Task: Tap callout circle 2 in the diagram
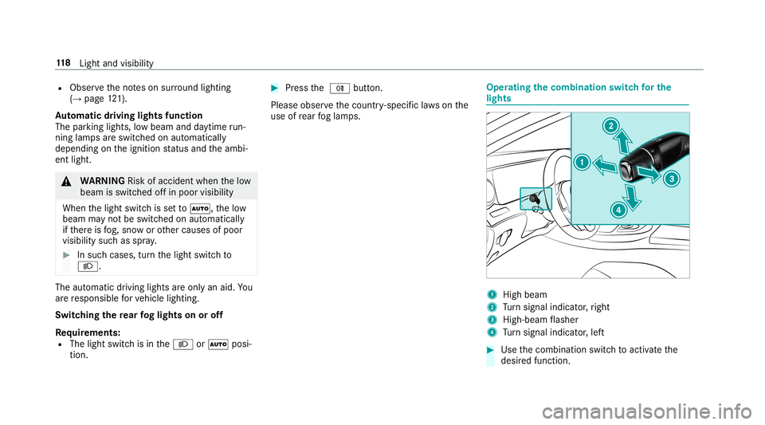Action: coord(610,125)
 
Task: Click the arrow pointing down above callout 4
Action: coord(631,194)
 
